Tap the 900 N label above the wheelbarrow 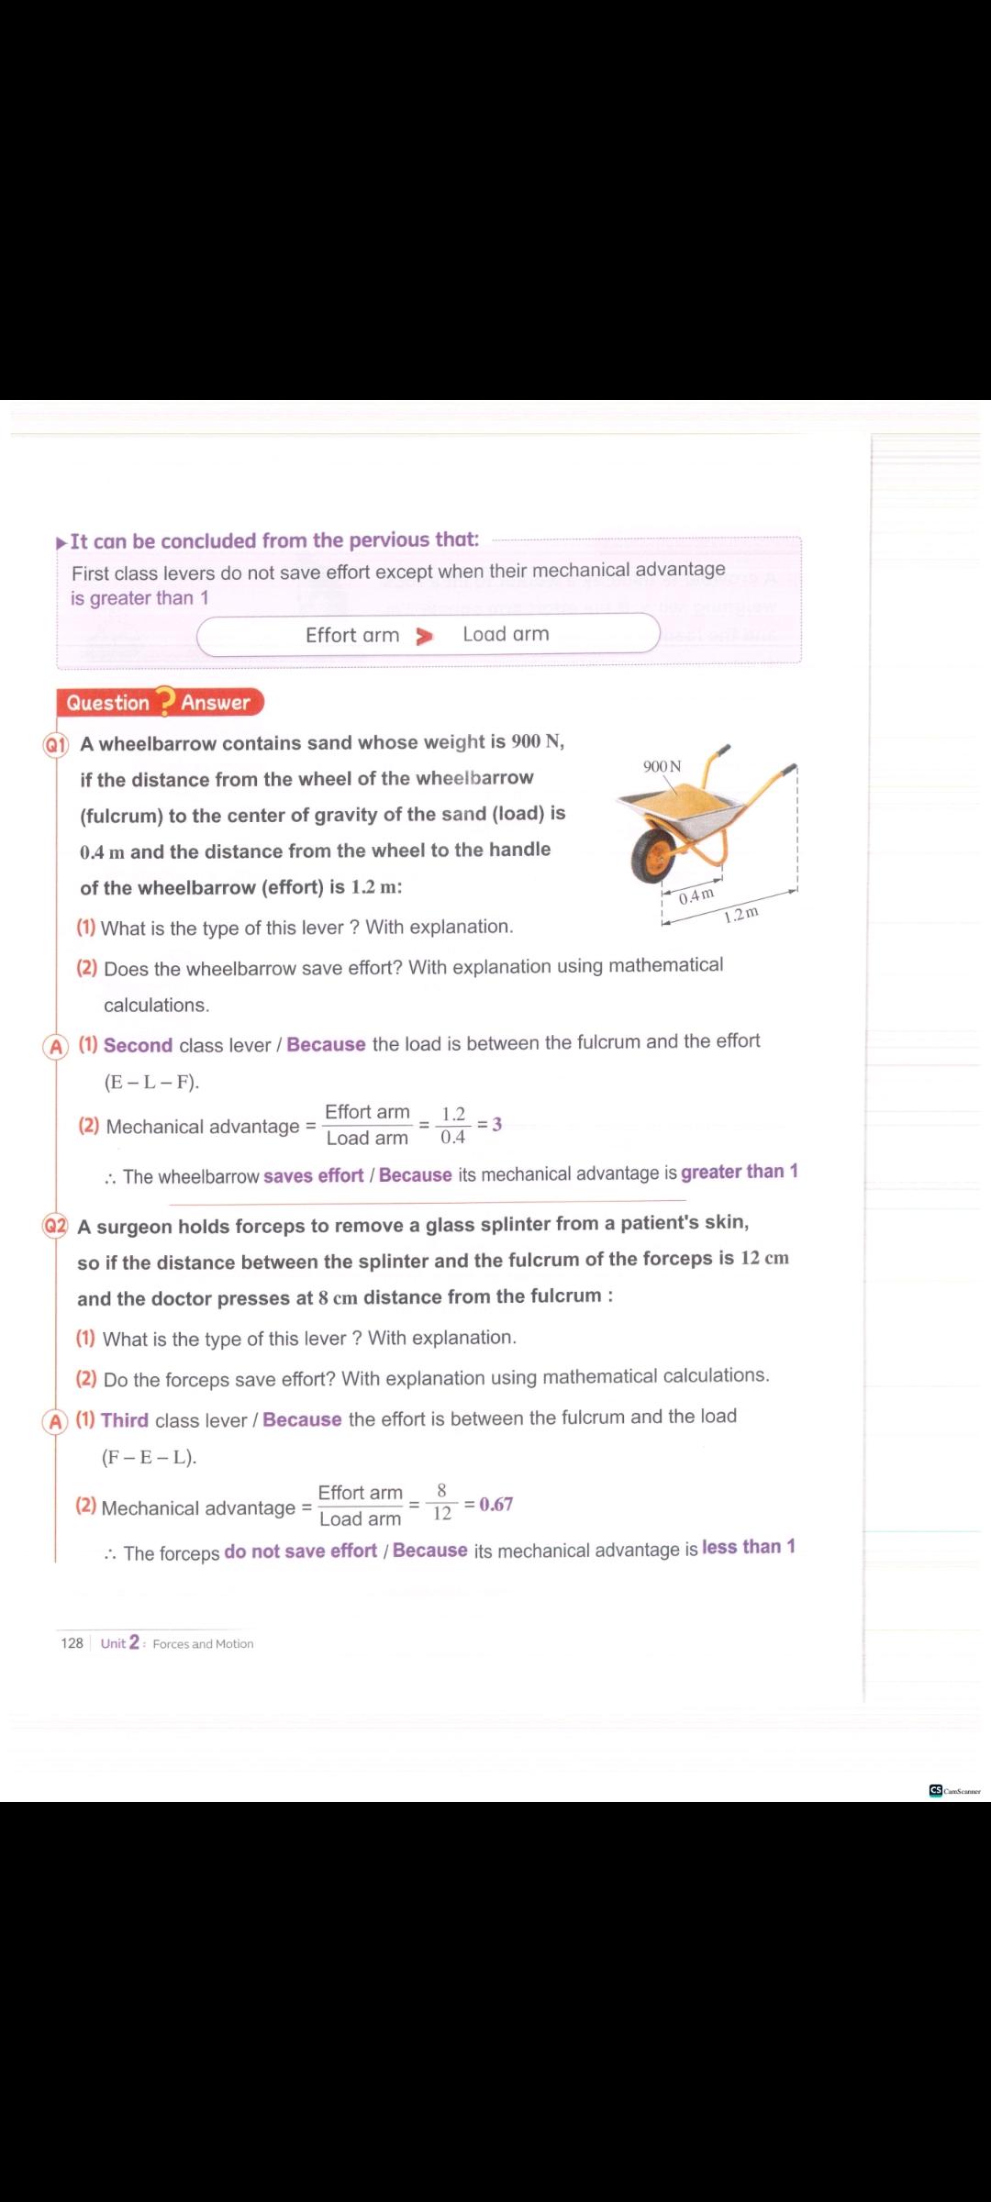coord(662,766)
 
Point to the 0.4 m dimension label coord(696,895)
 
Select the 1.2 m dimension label coord(741,914)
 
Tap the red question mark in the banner coord(165,702)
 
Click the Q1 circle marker coord(56,744)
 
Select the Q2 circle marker coord(55,1226)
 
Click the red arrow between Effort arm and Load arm coord(424,636)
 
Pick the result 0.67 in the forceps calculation coord(495,1505)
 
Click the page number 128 coord(72,1643)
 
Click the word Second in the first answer coord(138,1045)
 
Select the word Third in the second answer coord(125,1420)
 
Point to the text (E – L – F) coord(151,1082)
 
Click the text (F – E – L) coord(149,1457)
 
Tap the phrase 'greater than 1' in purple coord(739,1172)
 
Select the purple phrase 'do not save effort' coord(300,1551)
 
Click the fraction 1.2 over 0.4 coord(453,1125)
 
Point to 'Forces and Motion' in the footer coord(203,1644)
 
